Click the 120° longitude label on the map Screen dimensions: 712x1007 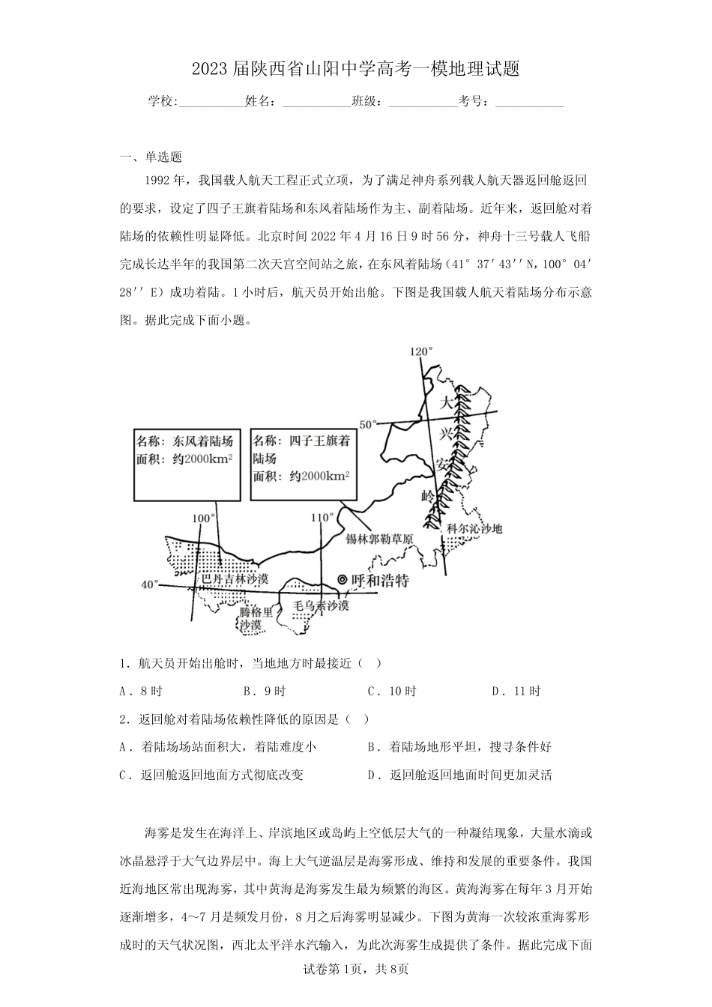422,351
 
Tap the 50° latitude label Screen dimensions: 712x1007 369,424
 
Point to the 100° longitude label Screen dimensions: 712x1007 203,518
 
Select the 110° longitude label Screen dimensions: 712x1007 322,517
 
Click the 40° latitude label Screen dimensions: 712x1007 150,585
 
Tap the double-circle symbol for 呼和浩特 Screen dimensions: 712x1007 343,579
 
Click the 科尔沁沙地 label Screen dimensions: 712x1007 474,529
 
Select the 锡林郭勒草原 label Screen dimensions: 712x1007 379,539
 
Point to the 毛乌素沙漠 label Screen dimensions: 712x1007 321,605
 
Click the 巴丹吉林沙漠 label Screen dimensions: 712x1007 235,580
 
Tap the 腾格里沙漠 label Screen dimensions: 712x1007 251,618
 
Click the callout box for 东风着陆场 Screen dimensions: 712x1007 185,465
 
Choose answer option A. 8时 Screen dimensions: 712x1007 141,692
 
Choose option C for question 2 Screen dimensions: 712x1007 211,775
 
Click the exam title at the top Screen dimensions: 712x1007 355,70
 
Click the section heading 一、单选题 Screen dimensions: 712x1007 151,157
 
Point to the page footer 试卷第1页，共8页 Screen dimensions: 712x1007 355,990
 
